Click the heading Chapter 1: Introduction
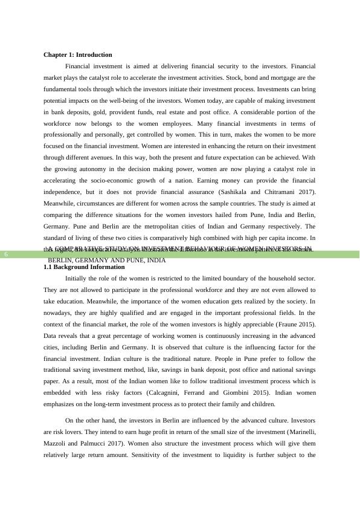77,54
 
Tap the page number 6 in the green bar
5,254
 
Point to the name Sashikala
229,192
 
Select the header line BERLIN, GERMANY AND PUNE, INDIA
106,260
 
